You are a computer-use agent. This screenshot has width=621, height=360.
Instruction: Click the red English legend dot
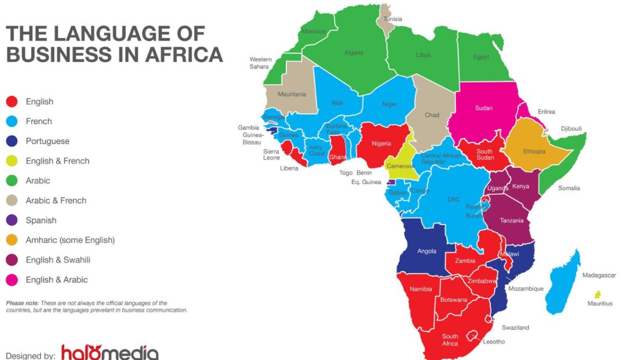point(11,102)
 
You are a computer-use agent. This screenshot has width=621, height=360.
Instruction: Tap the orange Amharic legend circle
point(11,240)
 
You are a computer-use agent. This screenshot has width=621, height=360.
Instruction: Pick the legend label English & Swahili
point(58,259)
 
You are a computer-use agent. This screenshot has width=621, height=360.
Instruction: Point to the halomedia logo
point(109,352)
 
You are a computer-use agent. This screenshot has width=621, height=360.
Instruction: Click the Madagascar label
point(599,275)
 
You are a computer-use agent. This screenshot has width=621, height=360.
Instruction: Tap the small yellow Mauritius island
point(598,294)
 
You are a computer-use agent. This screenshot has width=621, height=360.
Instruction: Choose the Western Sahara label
point(261,63)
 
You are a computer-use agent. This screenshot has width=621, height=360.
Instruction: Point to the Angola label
point(427,251)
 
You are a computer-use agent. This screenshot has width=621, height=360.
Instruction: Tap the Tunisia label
point(392,19)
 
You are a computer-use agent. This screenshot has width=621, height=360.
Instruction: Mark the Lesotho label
point(494,341)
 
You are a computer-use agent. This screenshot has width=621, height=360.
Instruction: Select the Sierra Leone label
point(272,154)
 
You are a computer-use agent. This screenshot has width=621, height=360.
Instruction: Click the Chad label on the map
point(432,115)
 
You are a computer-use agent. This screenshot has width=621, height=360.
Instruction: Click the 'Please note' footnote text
point(96,306)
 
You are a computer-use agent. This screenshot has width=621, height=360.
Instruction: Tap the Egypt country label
point(481,57)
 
